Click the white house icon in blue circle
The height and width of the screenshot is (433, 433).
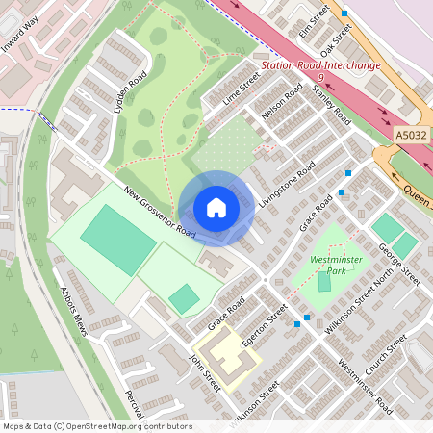pos(216,208)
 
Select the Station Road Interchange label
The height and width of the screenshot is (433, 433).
pos(320,67)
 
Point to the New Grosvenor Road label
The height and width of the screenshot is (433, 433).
pos(160,212)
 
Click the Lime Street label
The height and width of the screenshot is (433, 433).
pos(242,93)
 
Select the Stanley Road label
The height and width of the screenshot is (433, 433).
pos(331,103)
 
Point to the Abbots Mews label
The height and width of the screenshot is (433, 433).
pos(74,311)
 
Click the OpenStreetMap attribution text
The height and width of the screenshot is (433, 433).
pos(96,426)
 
